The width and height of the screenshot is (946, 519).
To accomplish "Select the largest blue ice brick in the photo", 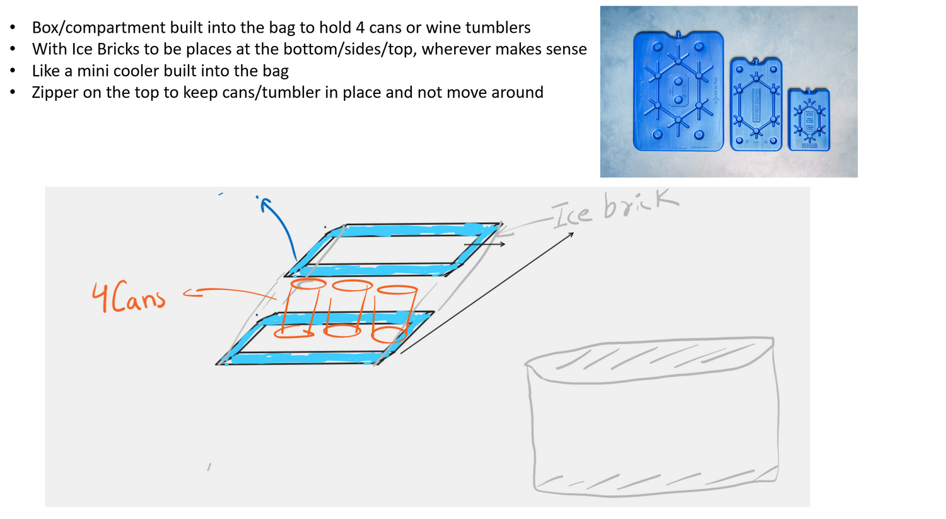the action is (678, 91).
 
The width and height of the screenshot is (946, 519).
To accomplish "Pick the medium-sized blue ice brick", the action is (756, 104).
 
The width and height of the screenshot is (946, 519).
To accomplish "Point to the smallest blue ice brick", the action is (809, 120).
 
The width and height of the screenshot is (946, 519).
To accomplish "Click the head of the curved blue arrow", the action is (265, 204).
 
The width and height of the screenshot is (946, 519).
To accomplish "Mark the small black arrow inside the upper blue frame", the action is (484, 244).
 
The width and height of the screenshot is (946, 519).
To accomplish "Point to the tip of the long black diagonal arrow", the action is (573, 233).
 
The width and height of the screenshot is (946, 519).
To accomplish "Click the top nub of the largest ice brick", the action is (678, 34).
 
